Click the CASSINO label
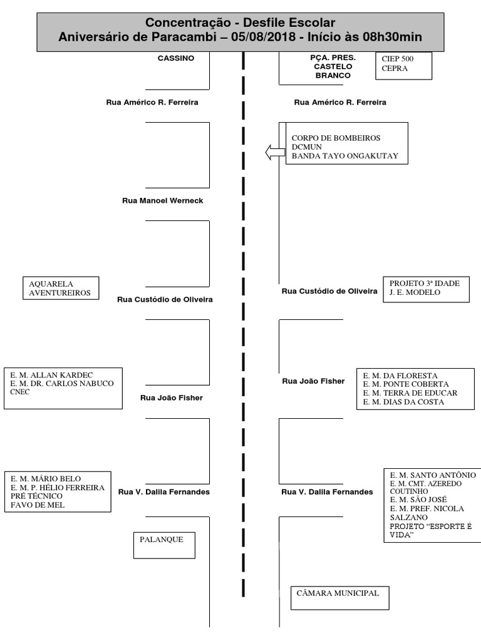tap(176, 58)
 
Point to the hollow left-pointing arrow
tap(274, 151)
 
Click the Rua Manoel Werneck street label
tap(162, 201)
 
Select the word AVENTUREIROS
tap(59, 292)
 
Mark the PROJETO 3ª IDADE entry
tap(424, 283)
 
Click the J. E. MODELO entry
tap(415, 292)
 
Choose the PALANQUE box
tap(163, 540)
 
